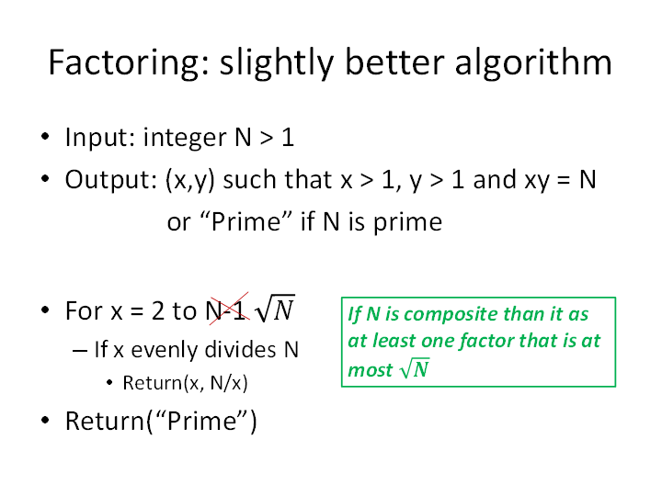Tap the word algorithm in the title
[x=533, y=63]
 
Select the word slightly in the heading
[x=278, y=63]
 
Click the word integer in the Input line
[x=185, y=138]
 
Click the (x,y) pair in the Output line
[x=190, y=180]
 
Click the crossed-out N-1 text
[x=227, y=310]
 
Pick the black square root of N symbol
[x=275, y=309]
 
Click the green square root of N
[x=415, y=368]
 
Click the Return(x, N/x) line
[x=185, y=383]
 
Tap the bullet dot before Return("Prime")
[x=45, y=420]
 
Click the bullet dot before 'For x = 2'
[x=45, y=310]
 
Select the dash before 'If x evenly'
[x=80, y=351]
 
